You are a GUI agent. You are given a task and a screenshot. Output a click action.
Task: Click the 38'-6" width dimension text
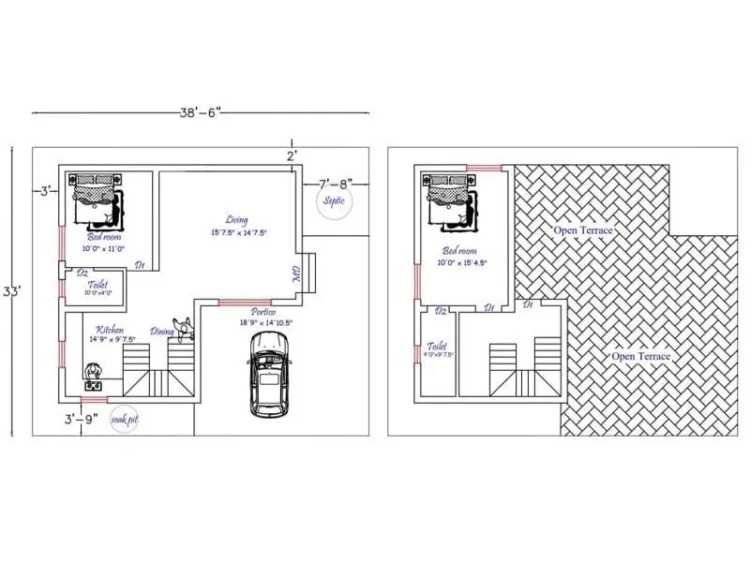(x=200, y=111)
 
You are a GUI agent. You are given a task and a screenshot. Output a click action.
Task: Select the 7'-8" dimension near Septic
(x=335, y=184)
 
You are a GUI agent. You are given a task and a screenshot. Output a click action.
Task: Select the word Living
(x=236, y=220)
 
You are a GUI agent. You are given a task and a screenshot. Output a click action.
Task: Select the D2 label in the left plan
(x=82, y=273)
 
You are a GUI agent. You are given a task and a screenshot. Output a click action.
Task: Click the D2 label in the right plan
(x=440, y=310)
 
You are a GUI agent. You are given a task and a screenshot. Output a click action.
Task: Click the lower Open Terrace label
(x=640, y=357)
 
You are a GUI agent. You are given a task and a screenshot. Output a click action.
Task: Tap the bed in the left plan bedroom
(x=97, y=199)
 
